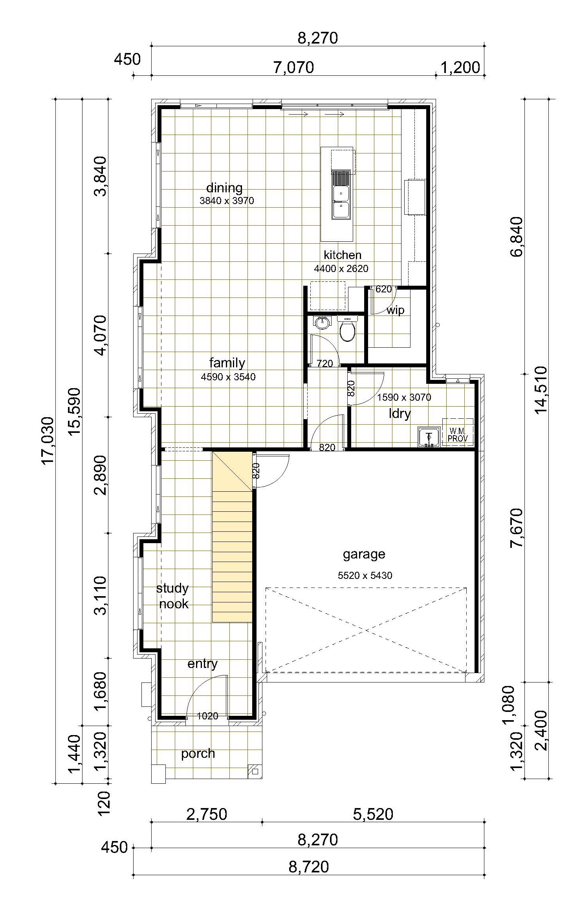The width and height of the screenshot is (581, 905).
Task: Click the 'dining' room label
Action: tap(224, 188)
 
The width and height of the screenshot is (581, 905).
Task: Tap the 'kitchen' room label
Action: tap(343, 255)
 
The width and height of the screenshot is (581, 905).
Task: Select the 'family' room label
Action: tap(227, 363)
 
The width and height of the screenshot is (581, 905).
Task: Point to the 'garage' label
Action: tap(364, 555)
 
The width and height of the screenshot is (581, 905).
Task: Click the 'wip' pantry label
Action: tap(396, 310)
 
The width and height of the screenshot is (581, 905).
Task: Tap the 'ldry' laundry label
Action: tap(400, 414)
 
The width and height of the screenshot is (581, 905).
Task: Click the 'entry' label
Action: tap(202, 664)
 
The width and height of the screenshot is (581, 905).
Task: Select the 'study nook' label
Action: tap(173, 596)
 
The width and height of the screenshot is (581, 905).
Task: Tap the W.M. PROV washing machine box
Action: tap(458, 432)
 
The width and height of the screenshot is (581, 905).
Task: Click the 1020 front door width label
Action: tap(207, 716)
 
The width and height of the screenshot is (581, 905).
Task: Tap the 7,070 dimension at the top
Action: tap(294, 68)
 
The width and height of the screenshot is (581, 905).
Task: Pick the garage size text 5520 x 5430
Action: tap(365, 576)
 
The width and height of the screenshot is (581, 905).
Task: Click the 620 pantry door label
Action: tap(384, 289)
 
